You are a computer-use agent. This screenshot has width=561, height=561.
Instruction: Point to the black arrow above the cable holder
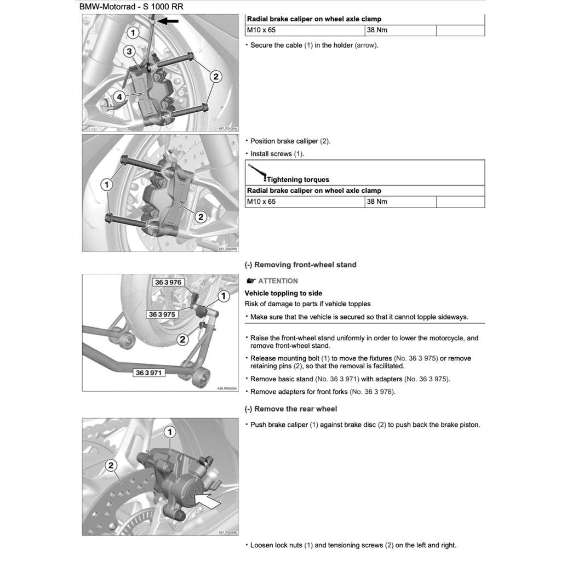(169, 21)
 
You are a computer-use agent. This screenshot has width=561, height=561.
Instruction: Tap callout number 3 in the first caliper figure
(129, 51)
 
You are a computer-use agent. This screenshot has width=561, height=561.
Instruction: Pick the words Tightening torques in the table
(297, 179)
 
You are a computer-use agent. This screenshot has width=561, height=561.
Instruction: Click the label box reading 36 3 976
(168, 283)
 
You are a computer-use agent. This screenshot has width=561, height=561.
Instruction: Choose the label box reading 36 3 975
(162, 314)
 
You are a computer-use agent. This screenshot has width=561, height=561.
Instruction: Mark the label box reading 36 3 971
(148, 373)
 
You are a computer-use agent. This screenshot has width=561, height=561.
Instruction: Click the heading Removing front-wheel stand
(300, 265)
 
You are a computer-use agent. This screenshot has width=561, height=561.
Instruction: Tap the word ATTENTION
(278, 281)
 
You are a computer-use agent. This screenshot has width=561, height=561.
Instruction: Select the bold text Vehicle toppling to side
(283, 293)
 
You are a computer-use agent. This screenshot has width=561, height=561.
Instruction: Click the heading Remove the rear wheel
(290, 409)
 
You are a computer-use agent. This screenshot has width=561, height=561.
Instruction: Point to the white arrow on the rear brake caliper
(209, 500)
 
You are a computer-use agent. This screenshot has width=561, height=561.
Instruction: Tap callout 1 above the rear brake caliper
(170, 432)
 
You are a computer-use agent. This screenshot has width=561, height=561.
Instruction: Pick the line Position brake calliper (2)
(290, 141)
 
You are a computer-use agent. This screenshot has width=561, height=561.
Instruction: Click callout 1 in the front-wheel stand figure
(223, 296)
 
